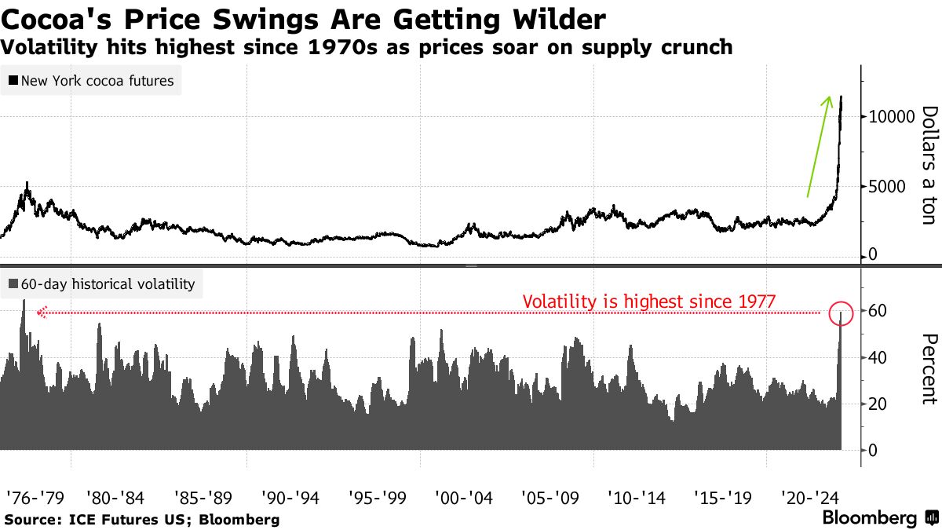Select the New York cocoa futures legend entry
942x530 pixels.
[91, 80]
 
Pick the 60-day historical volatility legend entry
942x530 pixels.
[101, 284]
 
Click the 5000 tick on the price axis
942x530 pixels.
[885, 187]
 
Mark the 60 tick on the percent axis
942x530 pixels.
[878, 311]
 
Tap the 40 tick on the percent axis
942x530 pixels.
[878, 357]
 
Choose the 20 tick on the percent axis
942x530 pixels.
[878, 404]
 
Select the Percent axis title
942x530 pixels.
[928, 368]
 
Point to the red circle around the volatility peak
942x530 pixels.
[841, 313]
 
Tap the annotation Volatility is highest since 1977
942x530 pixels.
[648, 301]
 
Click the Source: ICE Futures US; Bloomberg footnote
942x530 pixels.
[142, 519]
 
